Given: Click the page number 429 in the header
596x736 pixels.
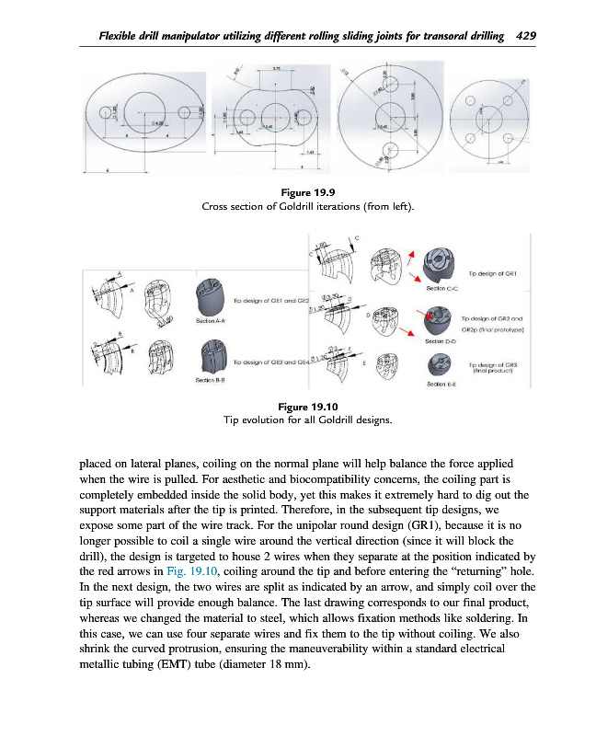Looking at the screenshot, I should coord(524,36).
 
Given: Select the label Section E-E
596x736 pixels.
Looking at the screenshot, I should coord(441,384).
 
